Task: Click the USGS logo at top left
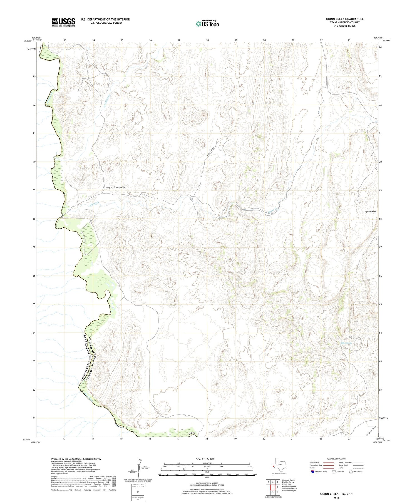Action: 63,22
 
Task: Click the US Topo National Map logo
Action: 207,24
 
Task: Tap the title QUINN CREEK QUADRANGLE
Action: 345,19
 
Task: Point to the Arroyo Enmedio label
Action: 114,187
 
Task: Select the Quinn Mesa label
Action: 370,212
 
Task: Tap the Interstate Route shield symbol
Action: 313,472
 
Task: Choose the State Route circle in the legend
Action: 351,472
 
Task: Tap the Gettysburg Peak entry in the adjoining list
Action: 289,486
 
